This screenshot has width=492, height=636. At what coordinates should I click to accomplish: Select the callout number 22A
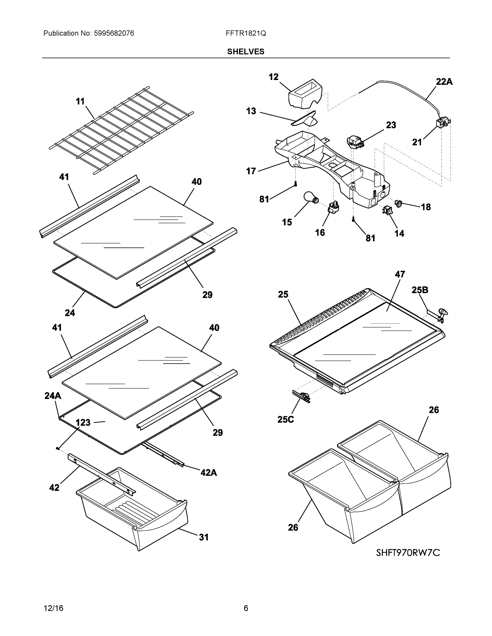click(444, 82)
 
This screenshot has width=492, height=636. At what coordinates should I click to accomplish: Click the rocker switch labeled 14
click(387, 210)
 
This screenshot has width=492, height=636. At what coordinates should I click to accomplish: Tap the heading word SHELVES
click(245, 52)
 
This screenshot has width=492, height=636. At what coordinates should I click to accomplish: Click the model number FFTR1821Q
click(245, 33)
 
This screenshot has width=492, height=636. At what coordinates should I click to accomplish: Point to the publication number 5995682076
click(114, 33)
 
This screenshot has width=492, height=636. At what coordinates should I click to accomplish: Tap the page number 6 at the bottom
click(246, 608)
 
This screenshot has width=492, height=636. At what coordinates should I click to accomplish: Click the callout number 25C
click(285, 419)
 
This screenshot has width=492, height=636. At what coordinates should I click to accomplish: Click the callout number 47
click(400, 274)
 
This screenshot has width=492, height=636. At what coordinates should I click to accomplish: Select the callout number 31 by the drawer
click(204, 537)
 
